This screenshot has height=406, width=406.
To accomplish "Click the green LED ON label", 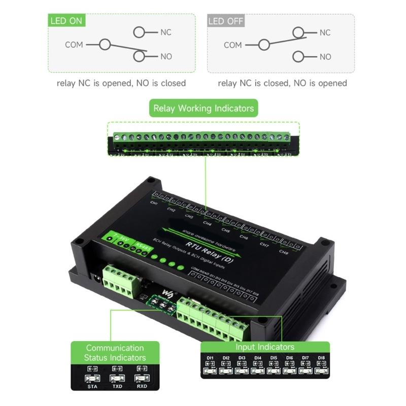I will [66, 21].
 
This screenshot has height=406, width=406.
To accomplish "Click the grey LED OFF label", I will [226, 21].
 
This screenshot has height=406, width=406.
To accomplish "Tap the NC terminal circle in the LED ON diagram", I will [140, 32].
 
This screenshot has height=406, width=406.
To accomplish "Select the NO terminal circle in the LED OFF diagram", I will [299, 57].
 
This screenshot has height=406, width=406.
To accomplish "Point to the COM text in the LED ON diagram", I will [74, 45].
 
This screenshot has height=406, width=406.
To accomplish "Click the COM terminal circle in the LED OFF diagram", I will [263, 45].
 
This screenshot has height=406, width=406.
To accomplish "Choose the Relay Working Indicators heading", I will [203, 108].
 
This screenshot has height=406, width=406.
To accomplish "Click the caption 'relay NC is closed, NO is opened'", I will [282, 83].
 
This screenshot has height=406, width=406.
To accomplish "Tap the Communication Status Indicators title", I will [115, 353].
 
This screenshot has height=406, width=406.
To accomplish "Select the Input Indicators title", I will [264, 347].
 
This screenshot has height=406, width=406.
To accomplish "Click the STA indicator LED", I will [92, 379].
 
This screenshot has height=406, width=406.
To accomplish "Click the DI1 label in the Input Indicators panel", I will [210, 358].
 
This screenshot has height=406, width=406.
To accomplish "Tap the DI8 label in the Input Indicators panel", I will [321, 358].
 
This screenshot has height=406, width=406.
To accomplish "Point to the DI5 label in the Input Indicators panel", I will [274, 358].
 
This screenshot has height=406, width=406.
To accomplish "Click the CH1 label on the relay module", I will [154, 202].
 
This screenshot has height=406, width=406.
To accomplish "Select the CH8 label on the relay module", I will [283, 251].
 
